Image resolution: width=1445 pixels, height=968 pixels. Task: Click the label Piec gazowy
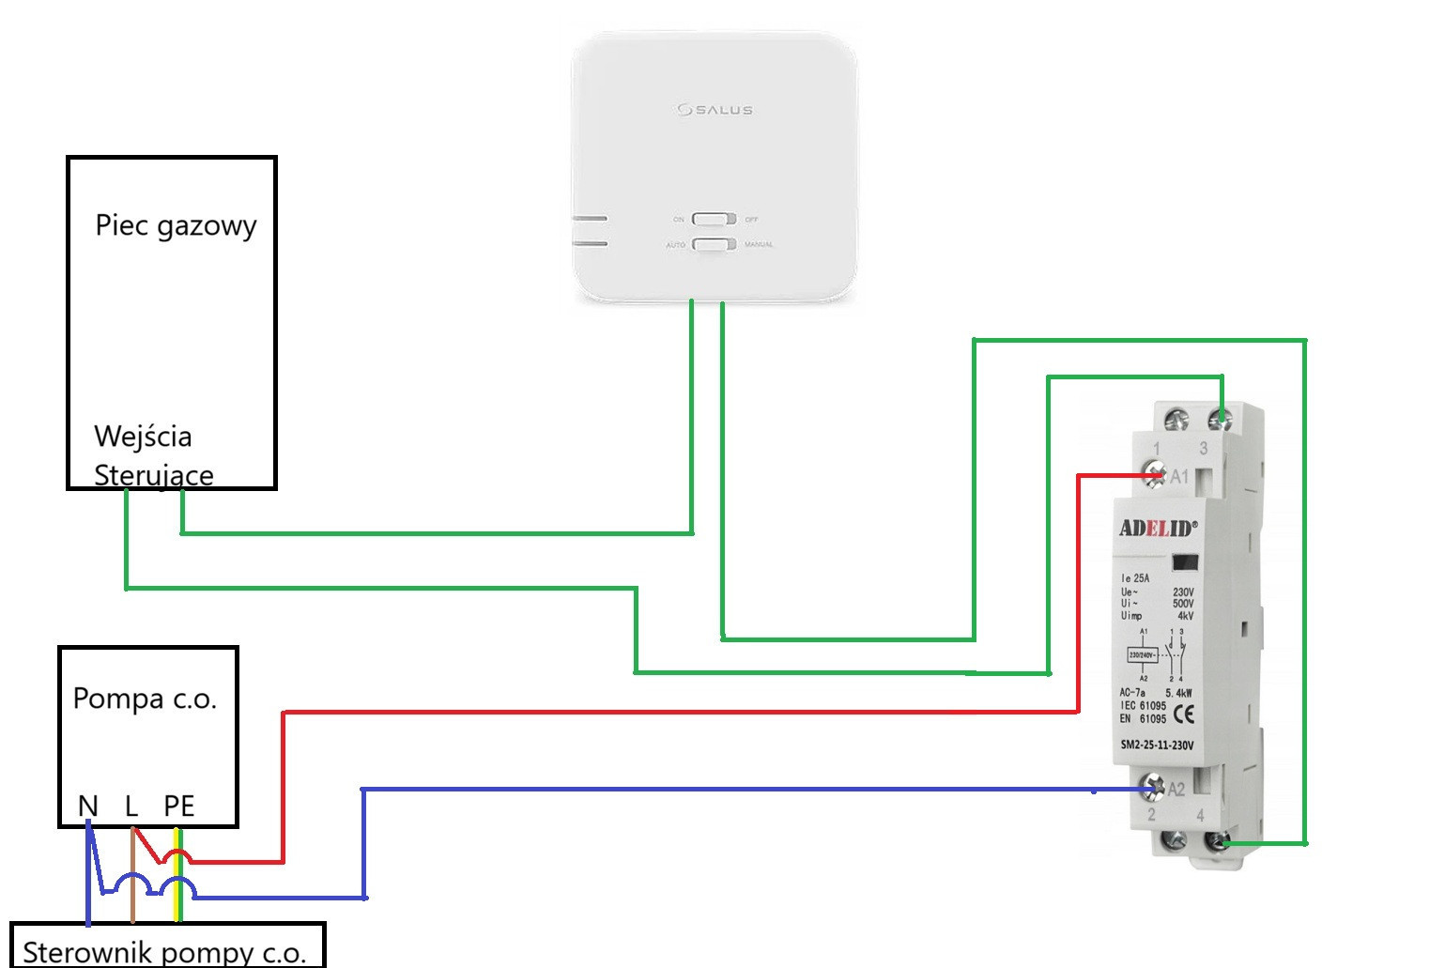pyautogui.click(x=176, y=226)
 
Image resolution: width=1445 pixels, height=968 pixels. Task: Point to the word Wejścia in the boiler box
pyautogui.click(x=143, y=437)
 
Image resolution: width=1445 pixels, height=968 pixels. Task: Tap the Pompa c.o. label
pyautogui.click(x=145, y=699)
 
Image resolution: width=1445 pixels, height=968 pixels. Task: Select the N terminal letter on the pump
pyautogui.click(x=87, y=806)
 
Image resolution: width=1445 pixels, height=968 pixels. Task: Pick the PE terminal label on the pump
pyautogui.click(x=178, y=806)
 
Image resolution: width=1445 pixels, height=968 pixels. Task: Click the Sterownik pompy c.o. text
pyautogui.click(x=164, y=952)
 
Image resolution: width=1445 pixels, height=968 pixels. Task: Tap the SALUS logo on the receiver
pyautogui.click(x=715, y=110)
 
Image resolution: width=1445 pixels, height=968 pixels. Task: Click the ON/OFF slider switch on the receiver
pyautogui.click(x=714, y=219)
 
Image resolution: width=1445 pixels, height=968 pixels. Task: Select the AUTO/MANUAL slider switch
pyautogui.click(x=714, y=244)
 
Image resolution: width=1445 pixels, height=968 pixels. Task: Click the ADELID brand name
pyautogui.click(x=1158, y=528)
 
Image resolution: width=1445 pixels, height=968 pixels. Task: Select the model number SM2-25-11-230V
pyautogui.click(x=1157, y=745)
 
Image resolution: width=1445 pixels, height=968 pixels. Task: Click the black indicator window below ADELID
pyautogui.click(x=1185, y=562)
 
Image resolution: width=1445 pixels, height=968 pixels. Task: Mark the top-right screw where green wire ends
pyautogui.click(x=1220, y=419)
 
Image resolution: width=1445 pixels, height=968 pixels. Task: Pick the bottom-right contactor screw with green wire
pyautogui.click(x=1220, y=842)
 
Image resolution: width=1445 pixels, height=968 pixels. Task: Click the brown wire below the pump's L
pyautogui.click(x=133, y=883)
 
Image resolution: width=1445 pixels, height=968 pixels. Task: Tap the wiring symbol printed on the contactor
pyautogui.click(x=1156, y=654)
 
